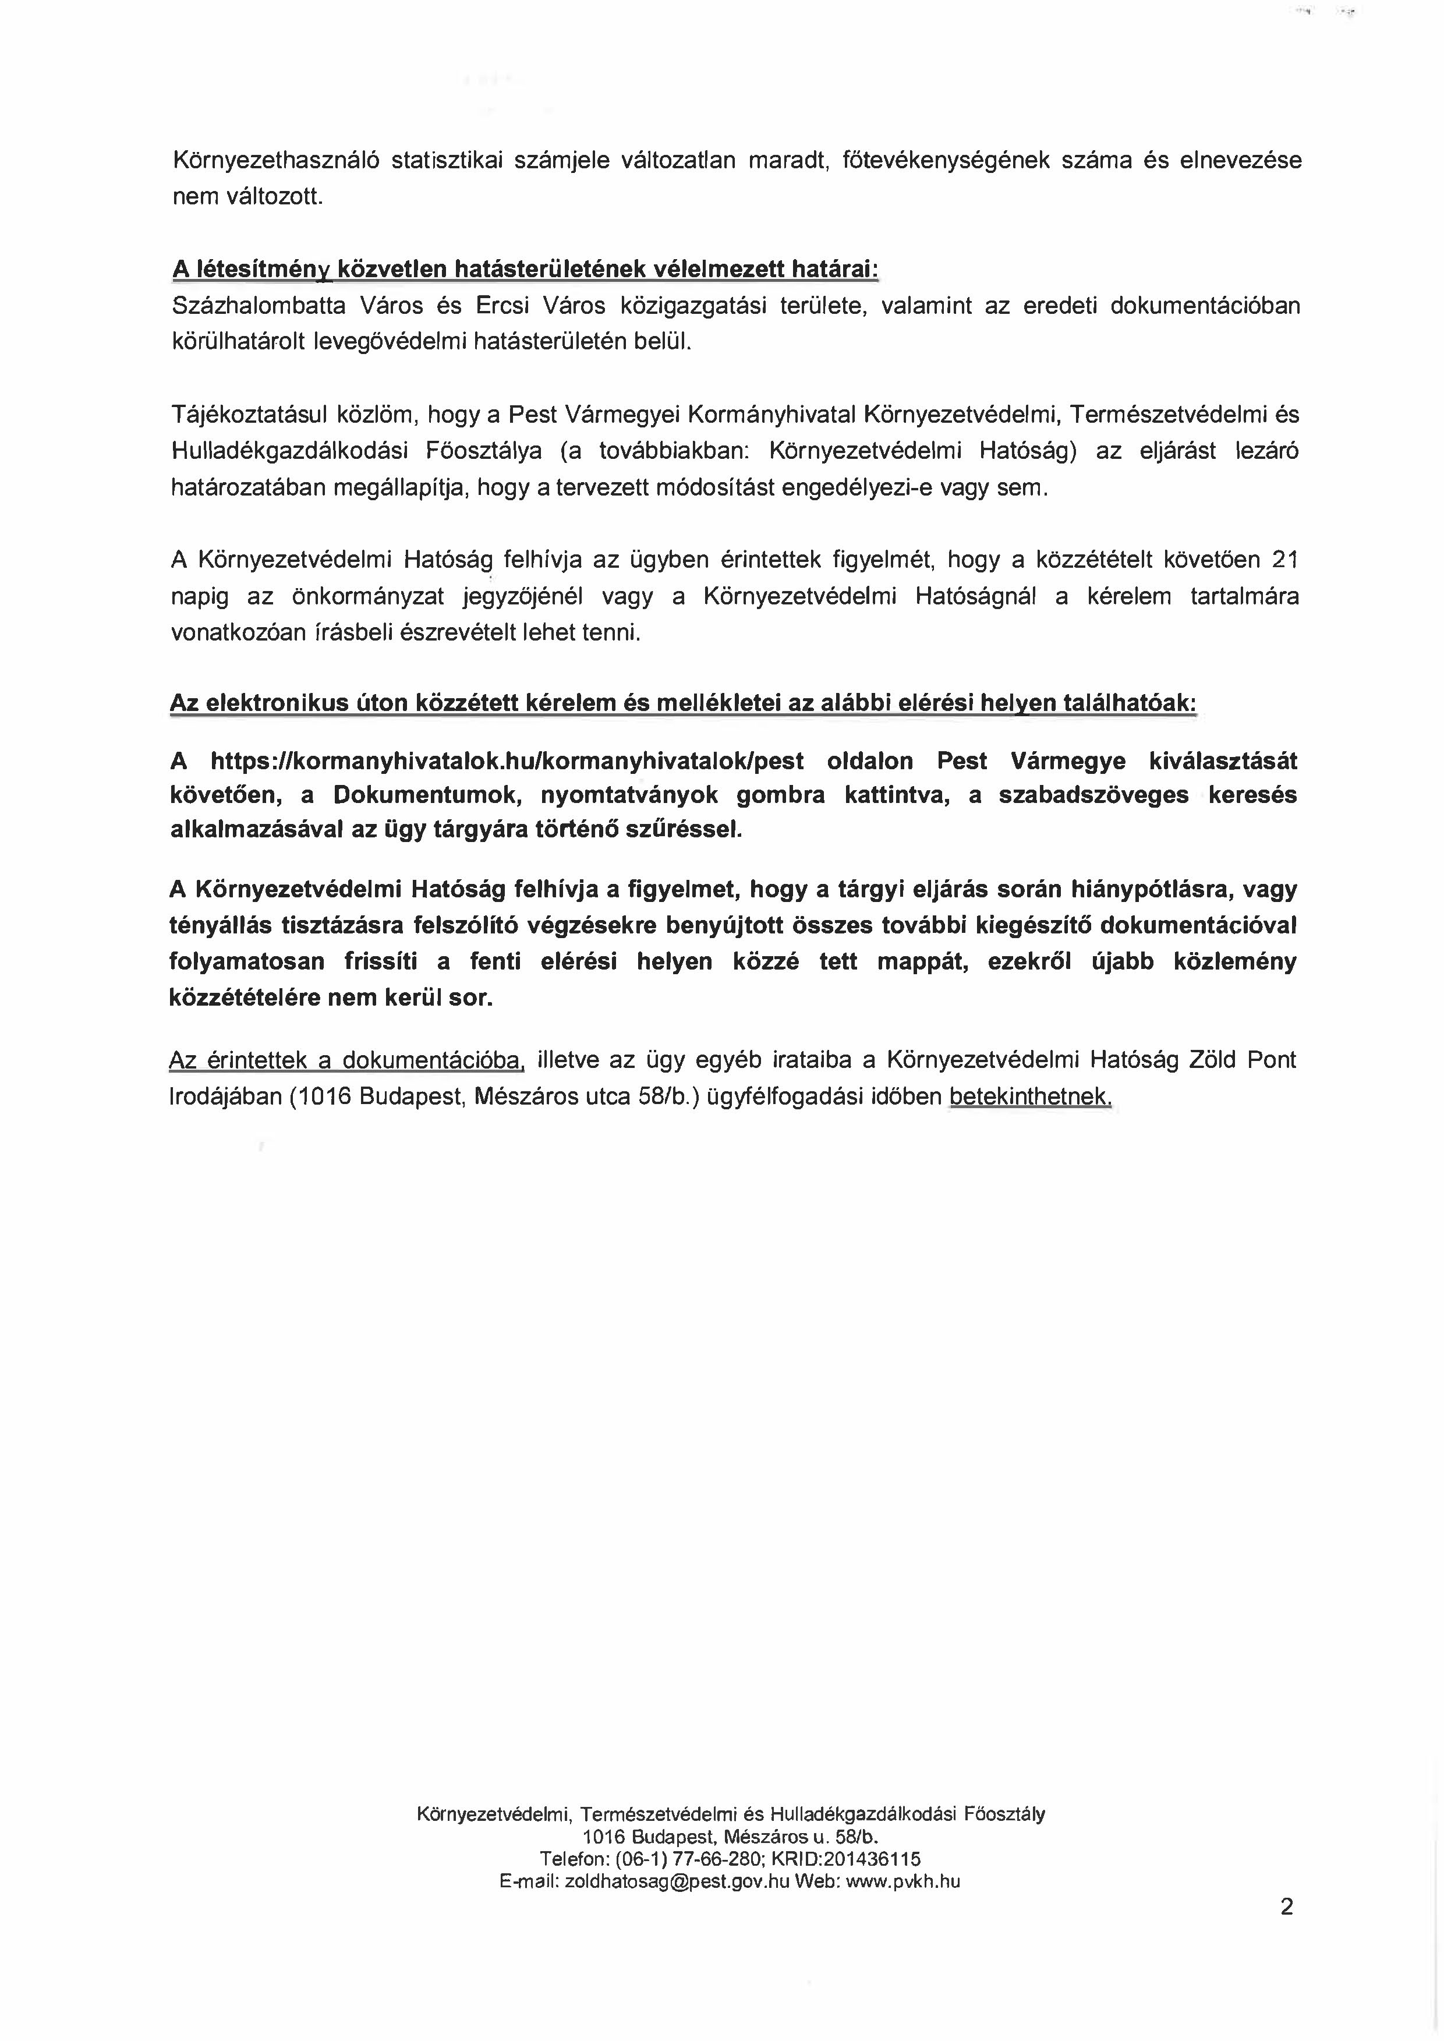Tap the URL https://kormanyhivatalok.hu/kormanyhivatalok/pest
[507, 761]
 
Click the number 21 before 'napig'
[1286, 560]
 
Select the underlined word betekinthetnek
[1031, 1096]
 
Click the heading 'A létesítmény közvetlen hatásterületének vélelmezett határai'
[525, 268]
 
